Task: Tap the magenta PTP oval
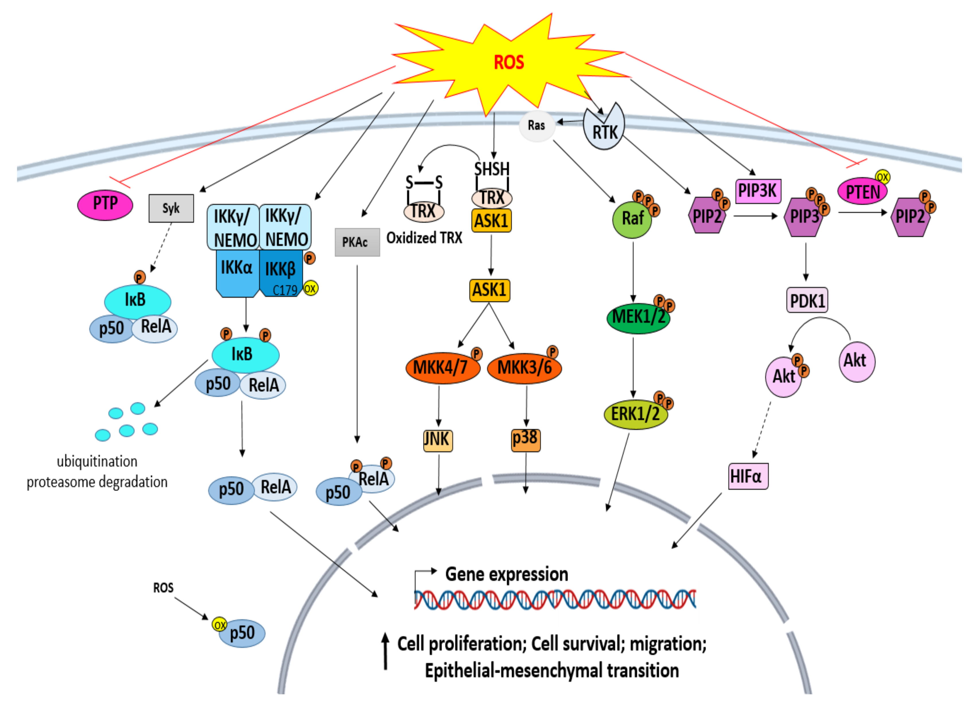pyautogui.click(x=105, y=204)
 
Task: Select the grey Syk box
pyautogui.click(x=171, y=208)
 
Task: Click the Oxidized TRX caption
pyautogui.click(x=424, y=238)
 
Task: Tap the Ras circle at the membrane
pyautogui.click(x=536, y=125)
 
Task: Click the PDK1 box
pyautogui.click(x=807, y=300)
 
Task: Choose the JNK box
pyautogui.click(x=438, y=440)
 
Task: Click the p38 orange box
pyautogui.click(x=525, y=440)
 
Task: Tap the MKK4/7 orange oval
pyautogui.click(x=442, y=368)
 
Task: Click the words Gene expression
pyautogui.click(x=506, y=574)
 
